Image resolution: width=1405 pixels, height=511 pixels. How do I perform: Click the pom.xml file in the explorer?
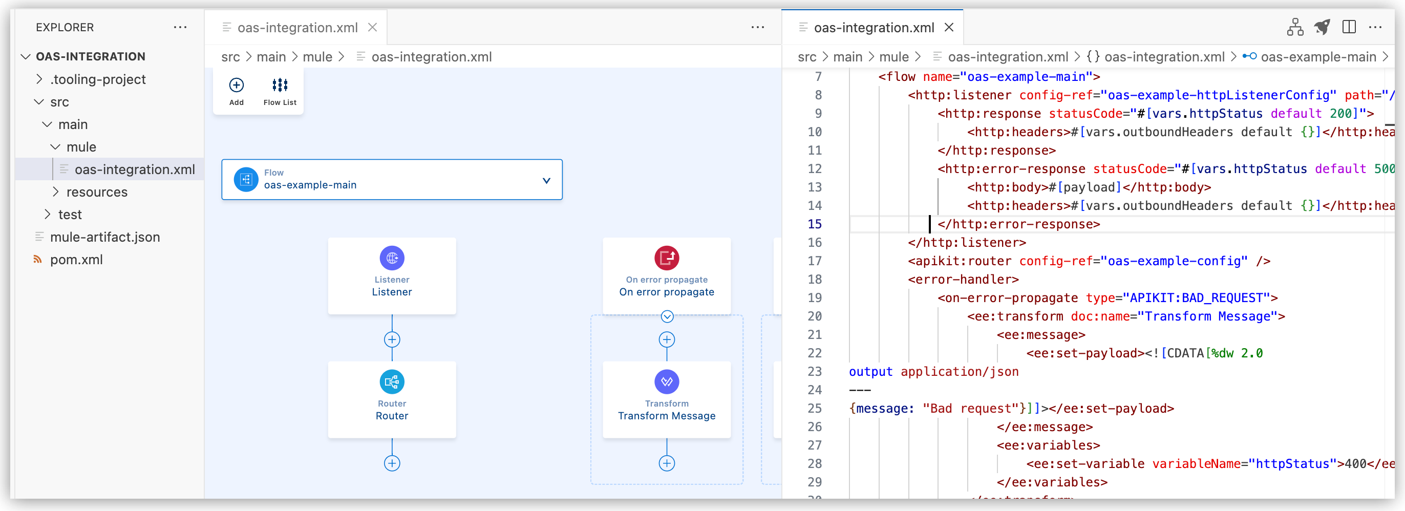[76, 260]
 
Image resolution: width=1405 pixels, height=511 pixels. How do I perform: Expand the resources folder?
[97, 192]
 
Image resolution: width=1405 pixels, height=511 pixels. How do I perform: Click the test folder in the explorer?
[70, 215]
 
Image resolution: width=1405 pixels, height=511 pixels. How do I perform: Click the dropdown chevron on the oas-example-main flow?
[546, 181]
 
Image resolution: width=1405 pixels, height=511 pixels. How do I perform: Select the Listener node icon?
[392, 258]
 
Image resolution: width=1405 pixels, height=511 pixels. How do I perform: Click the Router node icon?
[392, 382]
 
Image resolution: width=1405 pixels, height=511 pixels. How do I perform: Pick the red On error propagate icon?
[667, 258]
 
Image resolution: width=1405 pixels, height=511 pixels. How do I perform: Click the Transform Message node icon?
[667, 382]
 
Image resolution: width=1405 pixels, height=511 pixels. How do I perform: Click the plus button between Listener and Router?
[392, 340]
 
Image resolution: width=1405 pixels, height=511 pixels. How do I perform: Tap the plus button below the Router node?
[392, 463]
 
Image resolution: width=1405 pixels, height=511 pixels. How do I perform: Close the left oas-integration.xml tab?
[373, 27]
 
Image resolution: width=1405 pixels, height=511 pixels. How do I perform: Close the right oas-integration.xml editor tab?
[949, 27]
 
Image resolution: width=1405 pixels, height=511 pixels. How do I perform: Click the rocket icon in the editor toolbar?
[1322, 27]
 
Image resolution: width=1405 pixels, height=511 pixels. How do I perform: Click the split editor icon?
[1349, 27]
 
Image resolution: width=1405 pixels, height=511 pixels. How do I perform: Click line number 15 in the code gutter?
[814, 224]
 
